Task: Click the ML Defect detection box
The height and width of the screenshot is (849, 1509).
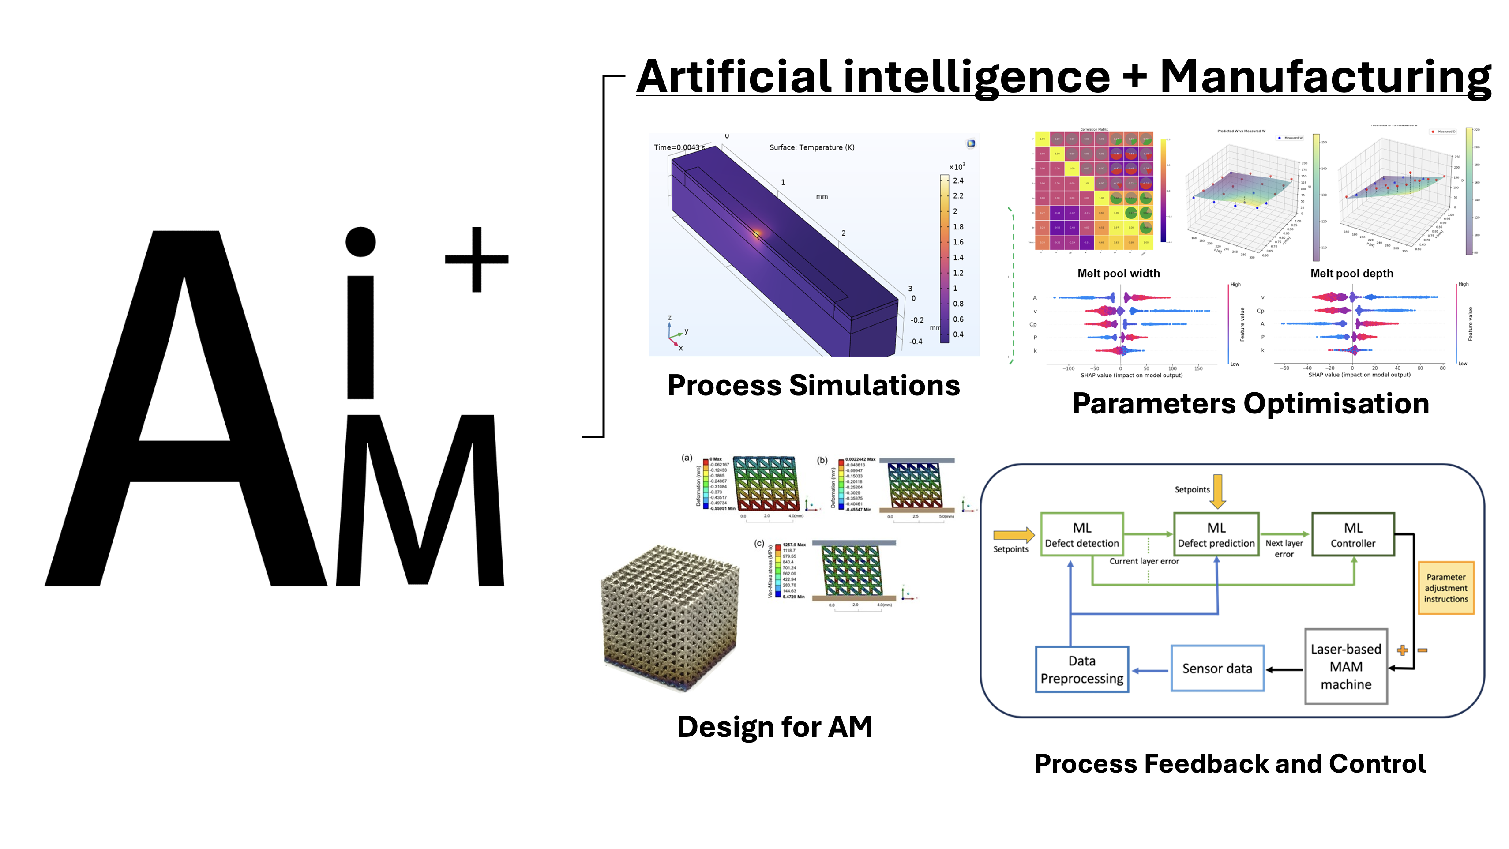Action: (1081, 534)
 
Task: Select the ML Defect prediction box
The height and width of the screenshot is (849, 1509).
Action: (1216, 534)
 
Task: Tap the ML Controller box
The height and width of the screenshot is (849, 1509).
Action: (1353, 534)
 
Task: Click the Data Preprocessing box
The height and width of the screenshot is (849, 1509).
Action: (1081, 669)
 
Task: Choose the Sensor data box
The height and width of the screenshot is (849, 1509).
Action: (1217, 669)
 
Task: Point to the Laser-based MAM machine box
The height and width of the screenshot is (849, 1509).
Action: (1346, 666)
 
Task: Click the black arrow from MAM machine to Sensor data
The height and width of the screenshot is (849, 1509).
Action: (1285, 669)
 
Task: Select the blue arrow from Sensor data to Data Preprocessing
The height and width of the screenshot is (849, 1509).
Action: (1149, 670)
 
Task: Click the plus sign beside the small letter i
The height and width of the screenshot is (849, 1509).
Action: (476, 259)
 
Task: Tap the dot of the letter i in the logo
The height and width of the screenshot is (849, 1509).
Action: (360, 241)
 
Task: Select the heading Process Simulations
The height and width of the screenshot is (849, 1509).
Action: (813, 386)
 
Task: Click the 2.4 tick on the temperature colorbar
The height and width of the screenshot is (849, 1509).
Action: (958, 180)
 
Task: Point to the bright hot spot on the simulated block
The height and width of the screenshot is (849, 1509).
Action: (757, 234)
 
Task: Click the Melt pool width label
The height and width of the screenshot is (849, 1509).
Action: (1118, 273)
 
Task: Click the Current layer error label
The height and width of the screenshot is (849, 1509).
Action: (1144, 561)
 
